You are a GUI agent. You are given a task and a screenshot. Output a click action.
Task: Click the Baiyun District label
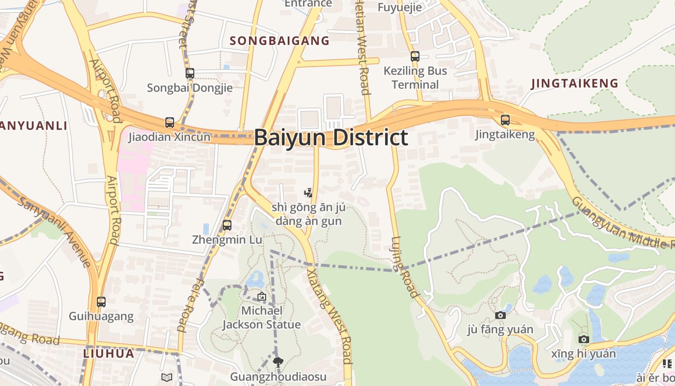pos(331,138)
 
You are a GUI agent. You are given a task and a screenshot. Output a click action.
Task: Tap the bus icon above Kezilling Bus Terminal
pos(415,56)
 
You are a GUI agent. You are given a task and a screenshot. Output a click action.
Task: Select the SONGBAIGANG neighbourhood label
pos(280,41)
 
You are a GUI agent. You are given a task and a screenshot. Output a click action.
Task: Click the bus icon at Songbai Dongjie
pos(190,73)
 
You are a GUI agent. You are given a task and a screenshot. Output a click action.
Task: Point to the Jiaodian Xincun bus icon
pos(170,123)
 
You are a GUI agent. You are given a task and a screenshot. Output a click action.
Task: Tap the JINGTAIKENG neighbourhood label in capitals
pos(575,83)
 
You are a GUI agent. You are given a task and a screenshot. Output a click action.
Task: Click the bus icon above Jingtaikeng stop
pos(505,120)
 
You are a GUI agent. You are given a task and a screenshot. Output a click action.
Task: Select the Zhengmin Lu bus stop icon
pos(227,225)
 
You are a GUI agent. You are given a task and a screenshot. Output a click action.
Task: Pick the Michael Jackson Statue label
pos(261,317)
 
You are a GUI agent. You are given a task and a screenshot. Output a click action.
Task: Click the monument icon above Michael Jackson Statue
pos(262,296)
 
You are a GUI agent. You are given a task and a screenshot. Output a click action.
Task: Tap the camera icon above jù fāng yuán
pos(500,315)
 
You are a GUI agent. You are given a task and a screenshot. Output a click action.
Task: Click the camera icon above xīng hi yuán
pos(584,340)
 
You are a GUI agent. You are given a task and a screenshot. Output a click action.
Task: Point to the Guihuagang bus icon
pos(101,302)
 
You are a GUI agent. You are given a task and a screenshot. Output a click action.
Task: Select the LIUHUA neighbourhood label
pos(108,353)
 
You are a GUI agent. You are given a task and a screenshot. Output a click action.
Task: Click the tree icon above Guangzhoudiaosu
pos(278,362)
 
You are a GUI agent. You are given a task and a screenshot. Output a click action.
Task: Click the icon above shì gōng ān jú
pos(308,193)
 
